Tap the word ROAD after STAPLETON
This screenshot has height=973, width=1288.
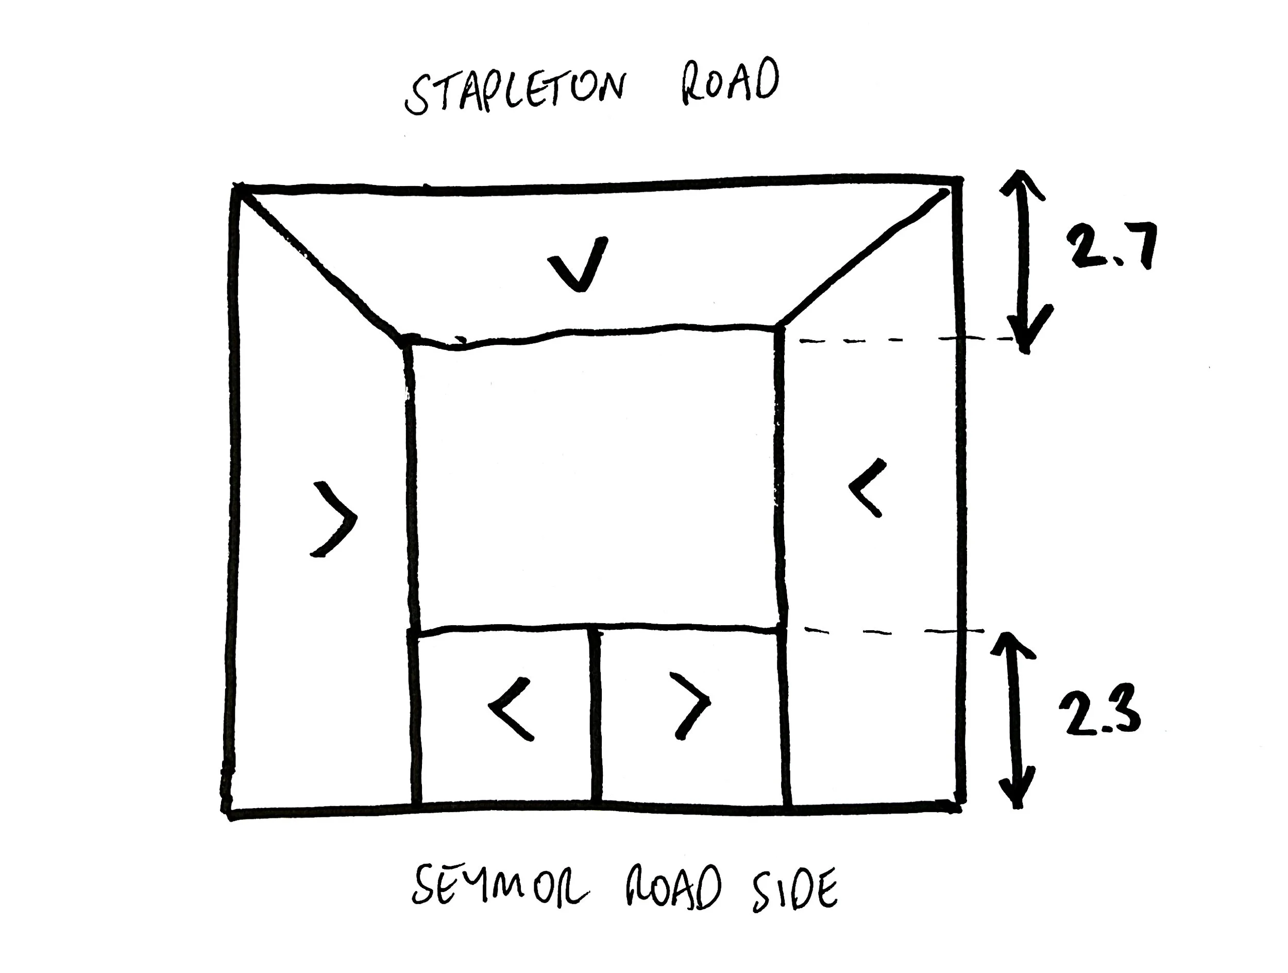point(730,81)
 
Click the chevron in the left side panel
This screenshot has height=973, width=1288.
point(334,518)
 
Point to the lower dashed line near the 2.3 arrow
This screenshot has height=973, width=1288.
point(891,631)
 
